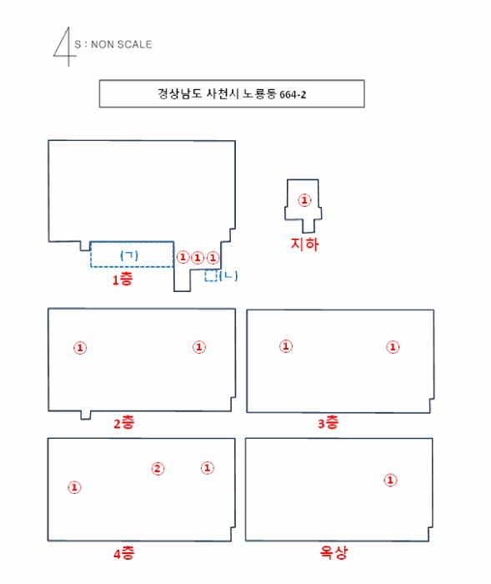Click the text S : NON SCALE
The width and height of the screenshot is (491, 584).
pos(113,44)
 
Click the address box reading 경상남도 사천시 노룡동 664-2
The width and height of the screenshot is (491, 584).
pos(231,93)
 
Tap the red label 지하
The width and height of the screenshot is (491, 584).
pos(304,244)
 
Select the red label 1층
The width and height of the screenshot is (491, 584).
pos(122,280)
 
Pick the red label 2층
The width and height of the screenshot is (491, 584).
pos(123,423)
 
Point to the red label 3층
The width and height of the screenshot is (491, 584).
pos(328,423)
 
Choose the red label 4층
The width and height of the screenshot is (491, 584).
pos(123,553)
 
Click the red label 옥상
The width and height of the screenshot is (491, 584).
pos(333,552)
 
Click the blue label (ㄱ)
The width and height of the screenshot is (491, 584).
pos(129,254)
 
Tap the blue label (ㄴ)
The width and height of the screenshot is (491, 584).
pos(228,275)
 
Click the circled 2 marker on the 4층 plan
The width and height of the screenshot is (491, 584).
pos(158,468)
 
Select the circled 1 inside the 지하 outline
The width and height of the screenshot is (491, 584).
pos(304,200)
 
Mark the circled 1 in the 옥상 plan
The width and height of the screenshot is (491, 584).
pos(389,480)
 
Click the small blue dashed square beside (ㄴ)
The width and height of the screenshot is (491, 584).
pos(212,275)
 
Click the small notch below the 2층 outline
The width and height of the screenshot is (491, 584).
pos(85,415)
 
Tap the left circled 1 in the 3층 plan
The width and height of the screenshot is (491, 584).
pos(286,346)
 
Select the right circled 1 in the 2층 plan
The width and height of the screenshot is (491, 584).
pos(199,347)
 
